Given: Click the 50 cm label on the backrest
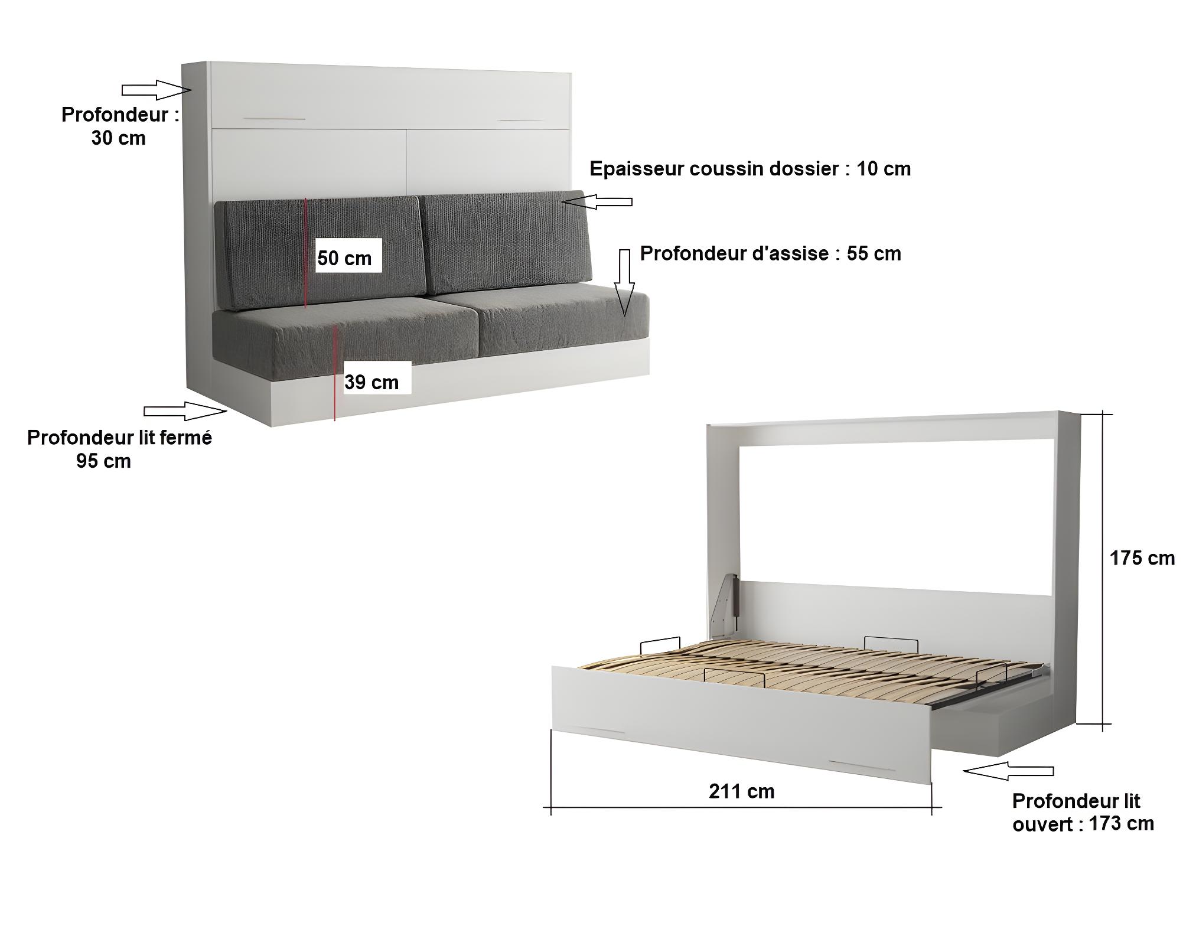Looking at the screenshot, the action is coord(344,258).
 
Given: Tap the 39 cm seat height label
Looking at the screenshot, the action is coord(371,382).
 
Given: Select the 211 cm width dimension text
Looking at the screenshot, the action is coord(741,791).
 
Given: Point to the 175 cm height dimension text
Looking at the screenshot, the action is coord(1142,558).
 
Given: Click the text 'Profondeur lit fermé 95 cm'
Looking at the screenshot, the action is coord(119,449).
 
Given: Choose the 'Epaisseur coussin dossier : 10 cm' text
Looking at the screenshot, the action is coord(750,169).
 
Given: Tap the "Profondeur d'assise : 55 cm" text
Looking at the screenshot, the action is coord(771,253).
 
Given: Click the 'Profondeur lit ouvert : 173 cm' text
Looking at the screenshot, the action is coord(1083,812).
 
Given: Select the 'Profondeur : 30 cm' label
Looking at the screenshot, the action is coord(120,126).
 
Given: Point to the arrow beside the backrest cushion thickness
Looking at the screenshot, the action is coord(597,202).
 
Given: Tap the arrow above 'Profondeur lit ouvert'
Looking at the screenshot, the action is coord(1008,771).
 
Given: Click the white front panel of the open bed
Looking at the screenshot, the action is coord(741,724).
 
